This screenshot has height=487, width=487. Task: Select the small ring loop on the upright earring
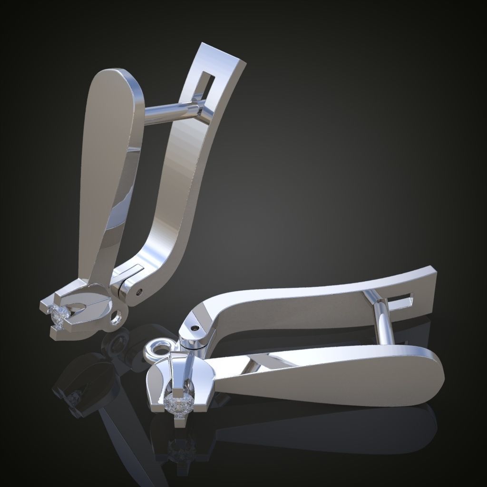point(116,317)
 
